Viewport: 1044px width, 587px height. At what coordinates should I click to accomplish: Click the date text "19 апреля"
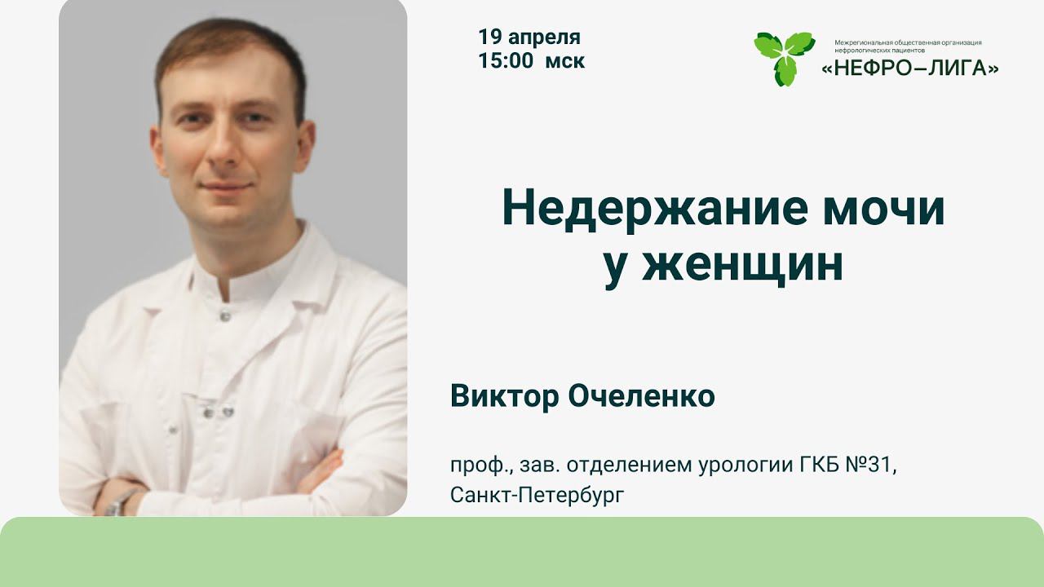(x=529, y=38)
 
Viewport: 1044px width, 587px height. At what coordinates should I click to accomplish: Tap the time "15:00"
(x=506, y=61)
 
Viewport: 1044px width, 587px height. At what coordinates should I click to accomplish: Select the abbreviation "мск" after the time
(x=565, y=62)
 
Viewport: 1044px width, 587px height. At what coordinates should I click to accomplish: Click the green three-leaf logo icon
(x=784, y=56)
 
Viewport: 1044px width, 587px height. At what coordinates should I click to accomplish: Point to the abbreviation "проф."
(x=480, y=466)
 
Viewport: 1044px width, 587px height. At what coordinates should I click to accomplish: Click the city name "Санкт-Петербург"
(x=536, y=495)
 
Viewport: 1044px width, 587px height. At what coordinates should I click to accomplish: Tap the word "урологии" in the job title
(x=741, y=466)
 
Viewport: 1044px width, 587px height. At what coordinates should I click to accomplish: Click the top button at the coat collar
(x=223, y=315)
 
